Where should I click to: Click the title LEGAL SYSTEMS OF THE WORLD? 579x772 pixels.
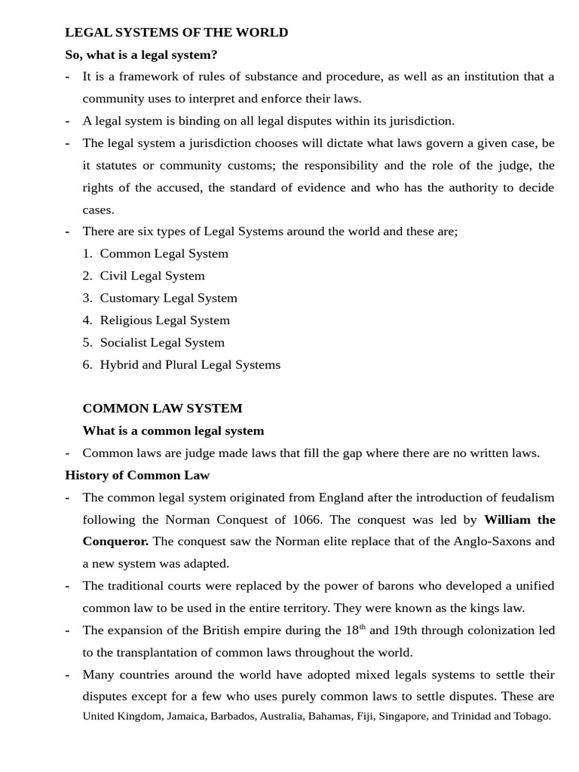tap(176, 32)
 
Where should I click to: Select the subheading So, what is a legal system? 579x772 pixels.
tap(141, 54)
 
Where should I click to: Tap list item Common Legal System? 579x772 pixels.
tap(164, 253)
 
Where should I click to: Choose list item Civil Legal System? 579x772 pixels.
tap(152, 276)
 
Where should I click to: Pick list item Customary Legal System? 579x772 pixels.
tap(168, 298)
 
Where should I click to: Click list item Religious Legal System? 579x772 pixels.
tap(164, 320)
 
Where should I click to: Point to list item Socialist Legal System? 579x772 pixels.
tap(162, 342)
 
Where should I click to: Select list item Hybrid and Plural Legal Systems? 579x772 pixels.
tap(190, 365)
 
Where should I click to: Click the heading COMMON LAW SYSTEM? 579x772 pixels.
tap(162, 409)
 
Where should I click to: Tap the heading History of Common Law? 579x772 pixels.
tap(137, 475)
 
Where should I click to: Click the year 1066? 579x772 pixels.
tap(308, 519)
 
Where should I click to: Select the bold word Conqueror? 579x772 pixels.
tap(115, 541)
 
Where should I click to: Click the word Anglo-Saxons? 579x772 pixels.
tap(473, 541)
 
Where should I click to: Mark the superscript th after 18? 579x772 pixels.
tap(362, 626)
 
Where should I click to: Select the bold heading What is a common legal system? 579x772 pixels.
tap(173, 430)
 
